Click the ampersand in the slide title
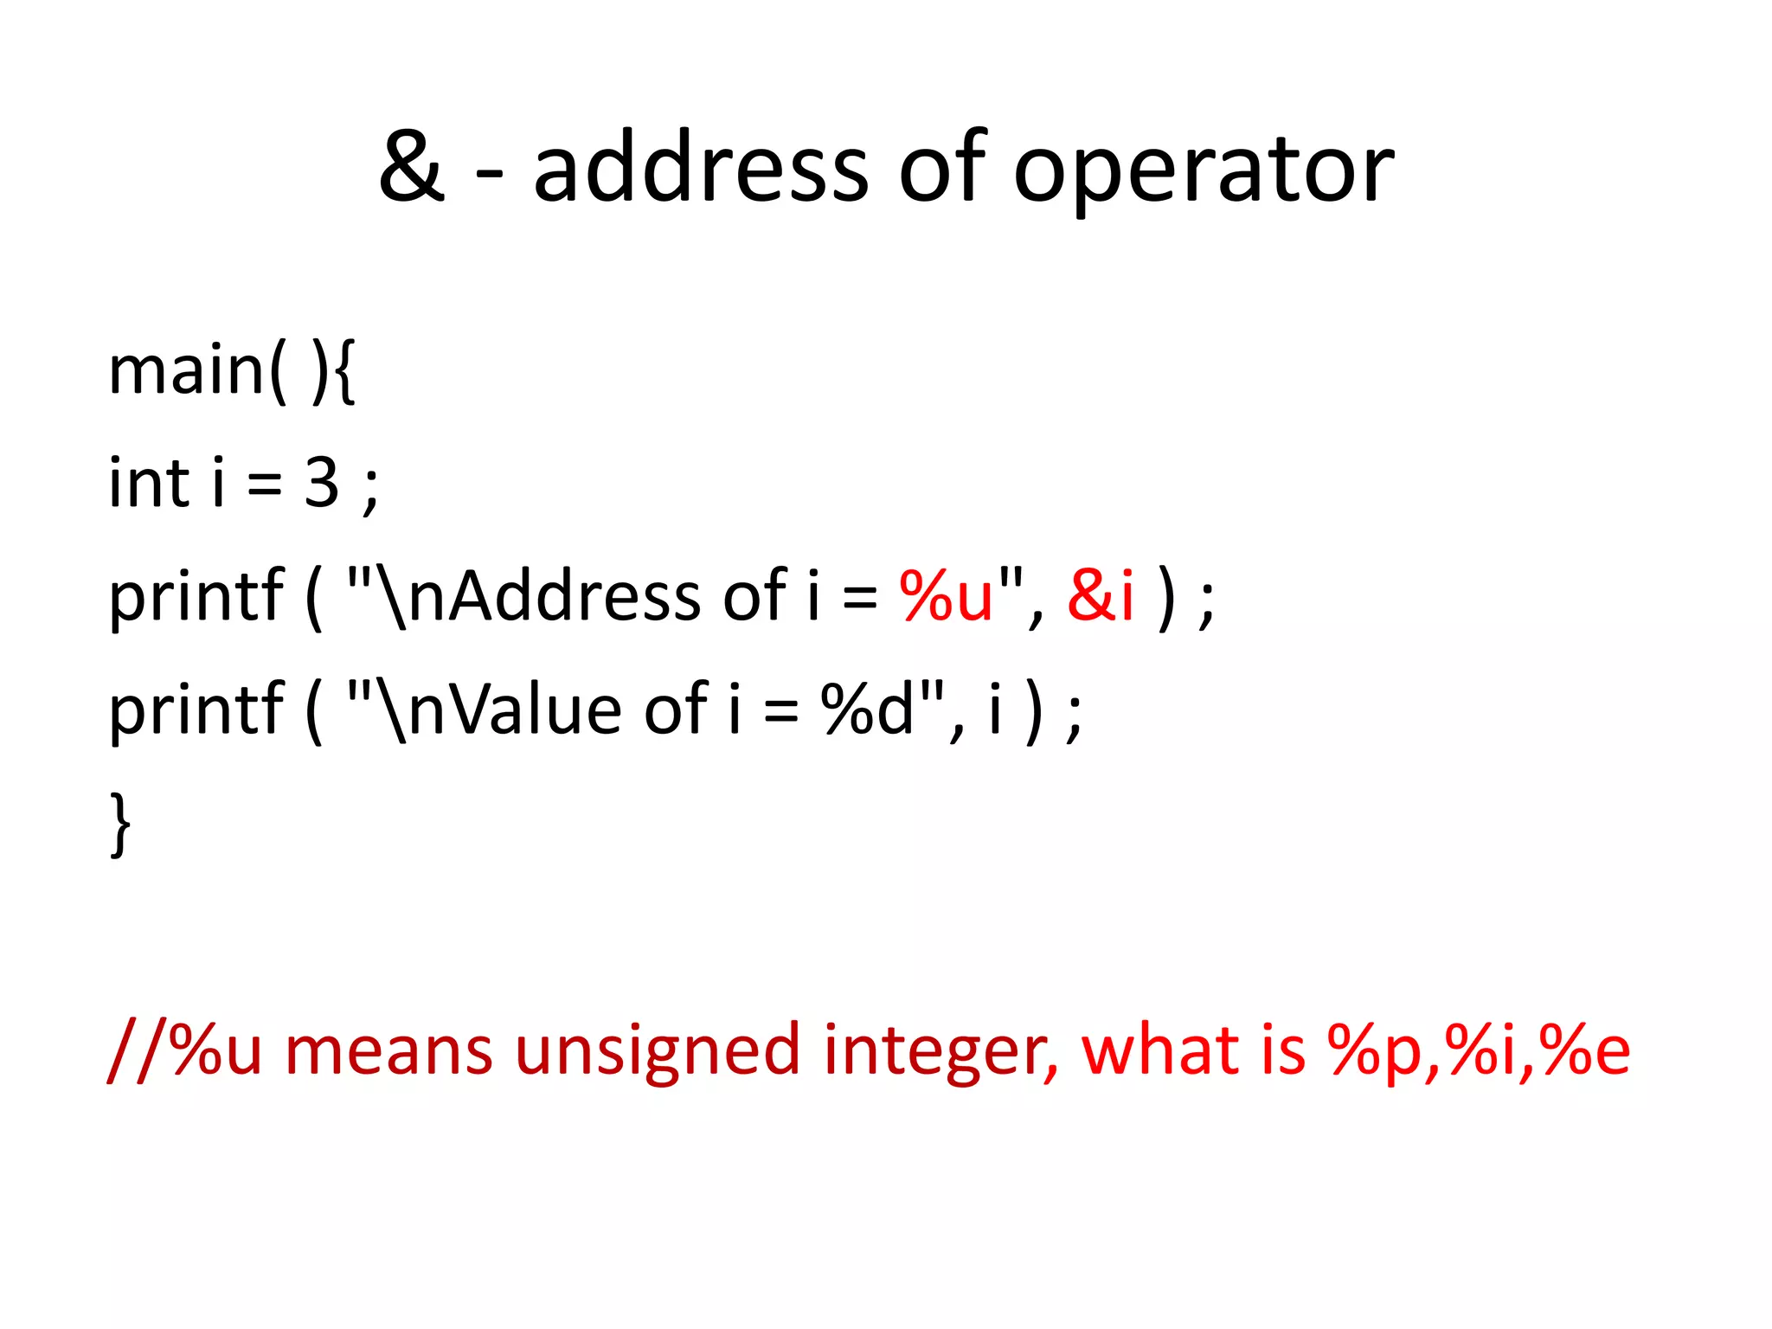pos(412,166)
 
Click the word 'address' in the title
pos(700,166)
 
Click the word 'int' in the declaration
pos(148,483)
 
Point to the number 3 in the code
pos(321,483)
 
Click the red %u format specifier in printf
pos(947,596)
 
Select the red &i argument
pos(1100,596)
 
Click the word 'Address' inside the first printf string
pos(575,596)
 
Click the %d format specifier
pos(867,709)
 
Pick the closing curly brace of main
pos(121,824)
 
